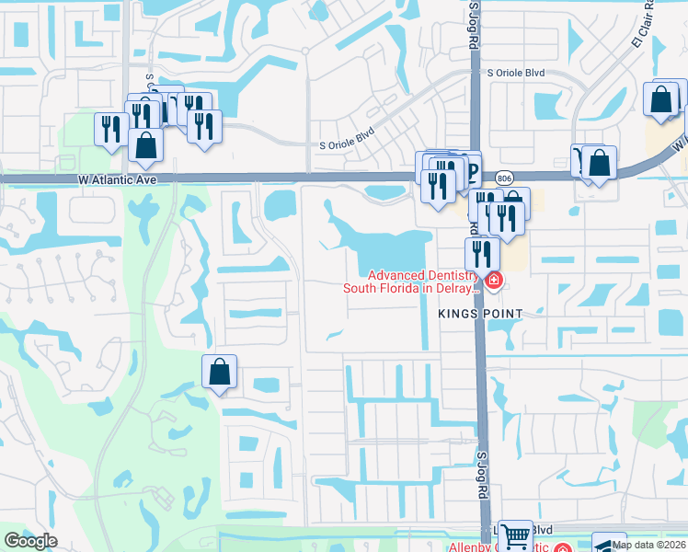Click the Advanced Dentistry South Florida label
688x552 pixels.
tap(410, 282)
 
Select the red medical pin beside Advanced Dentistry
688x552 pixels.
tap(494, 280)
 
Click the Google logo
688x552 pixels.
tap(30, 540)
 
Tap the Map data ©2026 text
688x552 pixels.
tap(648, 545)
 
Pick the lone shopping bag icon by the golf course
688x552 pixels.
tap(220, 373)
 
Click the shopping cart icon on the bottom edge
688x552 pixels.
tap(516, 535)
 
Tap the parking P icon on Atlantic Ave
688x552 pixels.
tap(471, 169)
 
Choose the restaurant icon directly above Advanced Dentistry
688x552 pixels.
tap(482, 253)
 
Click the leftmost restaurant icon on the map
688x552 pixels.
tap(109, 128)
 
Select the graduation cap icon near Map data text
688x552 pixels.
tap(608, 544)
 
